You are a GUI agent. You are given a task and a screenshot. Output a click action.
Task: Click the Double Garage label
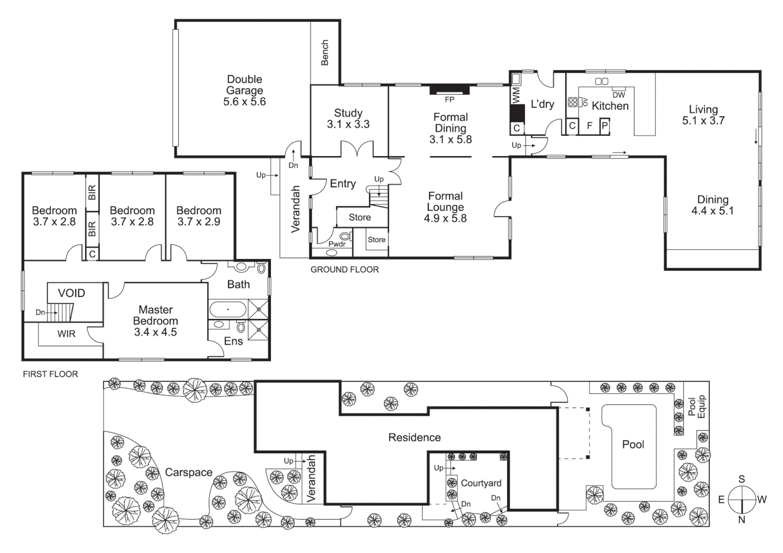[x=244, y=85]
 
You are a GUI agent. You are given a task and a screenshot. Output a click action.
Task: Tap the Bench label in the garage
[x=325, y=53]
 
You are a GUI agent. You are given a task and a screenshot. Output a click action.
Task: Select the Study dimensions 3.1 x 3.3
[x=348, y=124]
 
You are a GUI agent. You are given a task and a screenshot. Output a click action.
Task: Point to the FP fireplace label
[x=449, y=99]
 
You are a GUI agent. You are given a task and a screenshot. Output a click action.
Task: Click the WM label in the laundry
[x=516, y=94]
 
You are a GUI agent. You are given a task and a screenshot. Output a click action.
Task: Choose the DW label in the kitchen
[x=619, y=95]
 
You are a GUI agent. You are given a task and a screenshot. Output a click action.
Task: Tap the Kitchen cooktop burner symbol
[x=573, y=102]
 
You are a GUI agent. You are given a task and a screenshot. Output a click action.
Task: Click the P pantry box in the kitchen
[x=605, y=125]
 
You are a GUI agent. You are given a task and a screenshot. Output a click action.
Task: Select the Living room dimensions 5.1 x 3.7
[x=703, y=121]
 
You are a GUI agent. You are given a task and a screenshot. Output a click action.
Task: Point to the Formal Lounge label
[x=445, y=201]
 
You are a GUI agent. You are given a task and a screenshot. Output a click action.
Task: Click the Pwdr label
[x=337, y=244]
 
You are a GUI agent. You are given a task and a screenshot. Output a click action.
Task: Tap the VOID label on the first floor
[x=71, y=293]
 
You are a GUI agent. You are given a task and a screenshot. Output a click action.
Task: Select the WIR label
[x=66, y=334]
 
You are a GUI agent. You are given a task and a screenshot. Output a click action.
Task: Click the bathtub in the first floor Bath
[x=228, y=310]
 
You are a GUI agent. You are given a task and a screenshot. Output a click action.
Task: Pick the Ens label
[x=234, y=341]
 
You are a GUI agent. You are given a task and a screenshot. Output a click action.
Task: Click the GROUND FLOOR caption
[x=345, y=269]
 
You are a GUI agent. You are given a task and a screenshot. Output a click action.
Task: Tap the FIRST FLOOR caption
[x=50, y=374]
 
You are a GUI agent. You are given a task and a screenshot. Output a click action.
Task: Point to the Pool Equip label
[x=696, y=407]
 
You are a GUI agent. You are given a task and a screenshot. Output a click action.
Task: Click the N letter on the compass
[x=742, y=520]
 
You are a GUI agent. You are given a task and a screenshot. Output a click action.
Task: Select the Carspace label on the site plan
[x=188, y=472]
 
